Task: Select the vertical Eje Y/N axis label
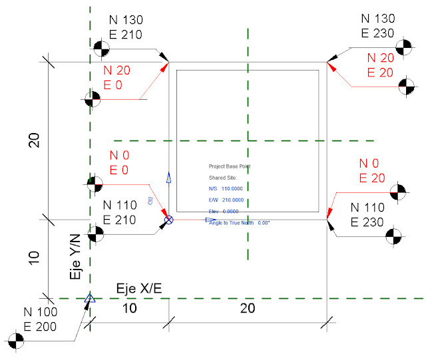(x=75, y=255)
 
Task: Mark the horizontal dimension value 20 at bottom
(x=247, y=309)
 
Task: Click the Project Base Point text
(x=229, y=166)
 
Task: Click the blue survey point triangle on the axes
(x=89, y=299)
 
